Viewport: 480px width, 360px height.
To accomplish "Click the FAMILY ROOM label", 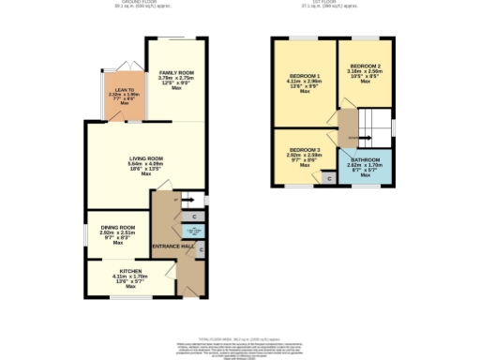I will (x=175, y=72).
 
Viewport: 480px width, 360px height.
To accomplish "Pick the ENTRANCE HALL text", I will (x=174, y=246).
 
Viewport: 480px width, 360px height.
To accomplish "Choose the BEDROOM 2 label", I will (x=366, y=65).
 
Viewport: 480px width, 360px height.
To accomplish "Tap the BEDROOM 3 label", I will (x=305, y=150).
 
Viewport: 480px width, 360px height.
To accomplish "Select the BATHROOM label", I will (x=366, y=159).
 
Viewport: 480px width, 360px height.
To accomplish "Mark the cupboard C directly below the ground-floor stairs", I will (x=194, y=217).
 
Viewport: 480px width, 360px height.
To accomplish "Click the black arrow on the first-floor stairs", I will (x=354, y=137).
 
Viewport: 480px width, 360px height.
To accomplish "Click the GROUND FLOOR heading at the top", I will (x=121, y=3).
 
